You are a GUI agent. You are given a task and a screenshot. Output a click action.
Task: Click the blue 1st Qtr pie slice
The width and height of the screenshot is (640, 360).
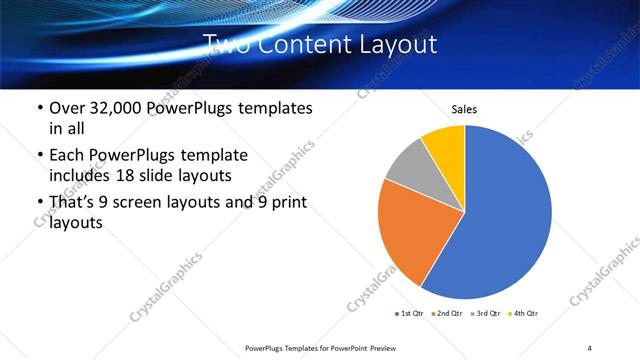click(505, 215)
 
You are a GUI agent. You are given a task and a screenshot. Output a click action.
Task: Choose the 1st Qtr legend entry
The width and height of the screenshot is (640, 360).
click(409, 314)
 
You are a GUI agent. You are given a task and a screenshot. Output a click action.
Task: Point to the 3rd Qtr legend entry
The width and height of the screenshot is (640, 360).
click(488, 314)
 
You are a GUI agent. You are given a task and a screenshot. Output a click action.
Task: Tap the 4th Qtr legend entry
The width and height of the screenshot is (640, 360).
click(526, 314)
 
